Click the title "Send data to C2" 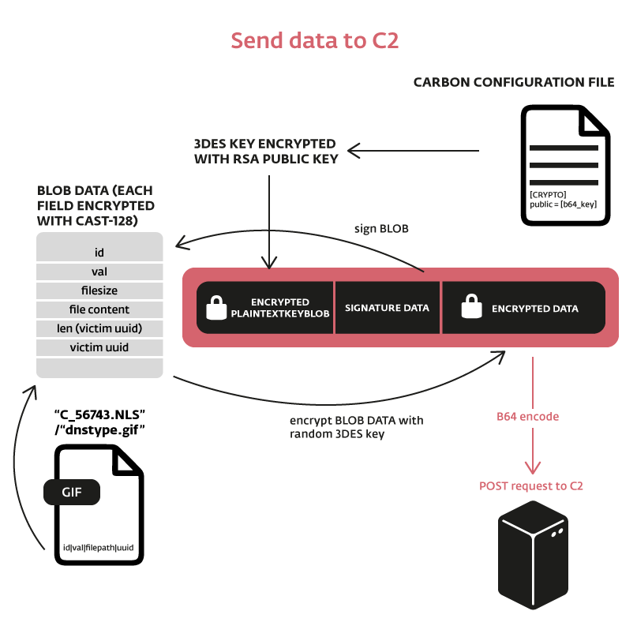click(314, 41)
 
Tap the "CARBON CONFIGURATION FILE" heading click(514, 82)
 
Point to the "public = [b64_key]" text click(562, 204)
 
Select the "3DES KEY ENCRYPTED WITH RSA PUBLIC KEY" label click(265, 152)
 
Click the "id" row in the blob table click(99, 253)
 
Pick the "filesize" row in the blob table click(99, 291)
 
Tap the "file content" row click(99, 309)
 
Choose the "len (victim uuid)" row click(99, 328)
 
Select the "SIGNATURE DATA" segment click(388, 308)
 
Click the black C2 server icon click(534, 556)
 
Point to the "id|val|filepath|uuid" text click(99, 547)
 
